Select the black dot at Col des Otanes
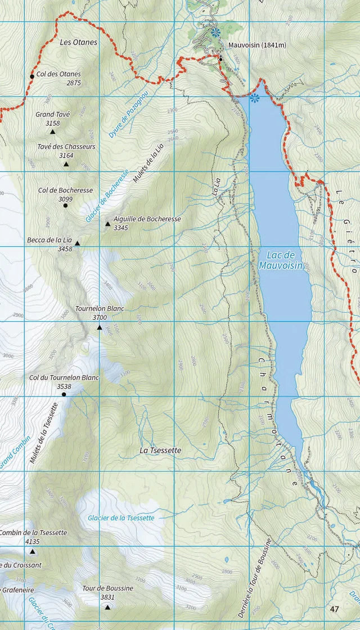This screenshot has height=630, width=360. click(32, 76)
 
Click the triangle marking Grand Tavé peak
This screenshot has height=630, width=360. click(53, 132)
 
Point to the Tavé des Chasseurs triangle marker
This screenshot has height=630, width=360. click(66, 164)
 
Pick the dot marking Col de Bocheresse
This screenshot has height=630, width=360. click(65, 206)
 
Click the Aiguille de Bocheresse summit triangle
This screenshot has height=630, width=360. click(107, 224)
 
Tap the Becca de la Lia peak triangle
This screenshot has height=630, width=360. click(78, 244)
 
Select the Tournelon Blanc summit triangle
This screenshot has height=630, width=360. click(100, 327)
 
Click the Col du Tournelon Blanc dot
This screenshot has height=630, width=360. click(64, 395)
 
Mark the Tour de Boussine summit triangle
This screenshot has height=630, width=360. click(107, 606)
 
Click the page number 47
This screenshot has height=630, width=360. click(335, 609)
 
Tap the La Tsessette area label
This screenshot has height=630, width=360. click(161, 451)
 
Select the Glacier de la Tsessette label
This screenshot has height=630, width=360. click(121, 517)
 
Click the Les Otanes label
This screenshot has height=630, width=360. click(79, 42)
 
